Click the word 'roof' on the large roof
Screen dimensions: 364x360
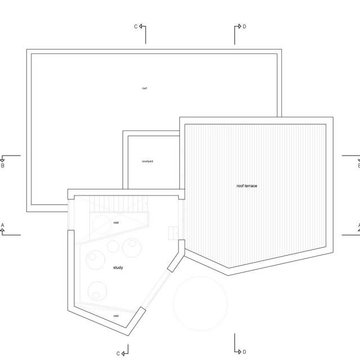point(145,88)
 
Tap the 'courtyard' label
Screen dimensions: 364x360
point(147,161)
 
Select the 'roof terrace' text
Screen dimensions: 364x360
point(246,186)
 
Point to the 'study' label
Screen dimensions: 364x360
point(118,268)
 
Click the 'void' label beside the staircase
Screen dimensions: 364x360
point(116,223)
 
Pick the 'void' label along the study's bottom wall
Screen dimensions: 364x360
point(116,316)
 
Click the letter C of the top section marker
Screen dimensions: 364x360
point(135,26)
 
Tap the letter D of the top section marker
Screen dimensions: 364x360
point(244,26)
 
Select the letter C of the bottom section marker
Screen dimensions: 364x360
point(118,353)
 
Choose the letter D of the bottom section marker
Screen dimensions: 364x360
point(244,352)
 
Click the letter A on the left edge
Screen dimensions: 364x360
point(3,225)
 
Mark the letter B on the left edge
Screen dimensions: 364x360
point(3,166)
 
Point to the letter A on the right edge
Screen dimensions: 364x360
point(358,225)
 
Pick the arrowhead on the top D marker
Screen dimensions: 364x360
point(239,26)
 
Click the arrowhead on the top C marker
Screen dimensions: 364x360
point(141,26)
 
